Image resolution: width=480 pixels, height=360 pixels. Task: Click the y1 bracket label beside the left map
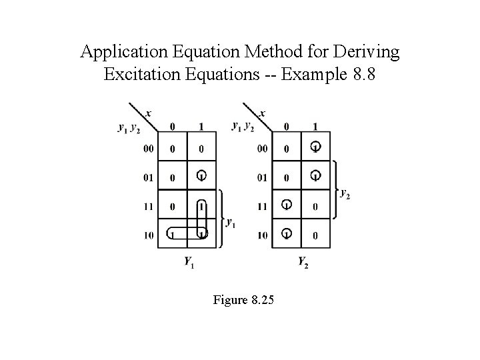click(x=231, y=223)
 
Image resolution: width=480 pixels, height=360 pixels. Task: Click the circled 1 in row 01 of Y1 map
click(x=201, y=176)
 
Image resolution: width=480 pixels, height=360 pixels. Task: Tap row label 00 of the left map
click(x=147, y=148)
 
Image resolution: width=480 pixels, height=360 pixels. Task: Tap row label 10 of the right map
click(x=262, y=235)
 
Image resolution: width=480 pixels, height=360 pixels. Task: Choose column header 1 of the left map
click(x=201, y=127)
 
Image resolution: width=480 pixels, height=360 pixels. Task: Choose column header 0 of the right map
click(x=287, y=127)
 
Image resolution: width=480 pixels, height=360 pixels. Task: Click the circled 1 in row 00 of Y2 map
click(x=315, y=147)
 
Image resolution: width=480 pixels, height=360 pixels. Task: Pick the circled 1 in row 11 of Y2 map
click(x=287, y=205)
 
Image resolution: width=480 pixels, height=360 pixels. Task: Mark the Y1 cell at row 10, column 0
click(x=173, y=234)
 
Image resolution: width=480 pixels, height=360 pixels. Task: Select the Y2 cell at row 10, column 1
click(x=315, y=235)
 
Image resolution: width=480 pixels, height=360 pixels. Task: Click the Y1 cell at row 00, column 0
click(x=173, y=148)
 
